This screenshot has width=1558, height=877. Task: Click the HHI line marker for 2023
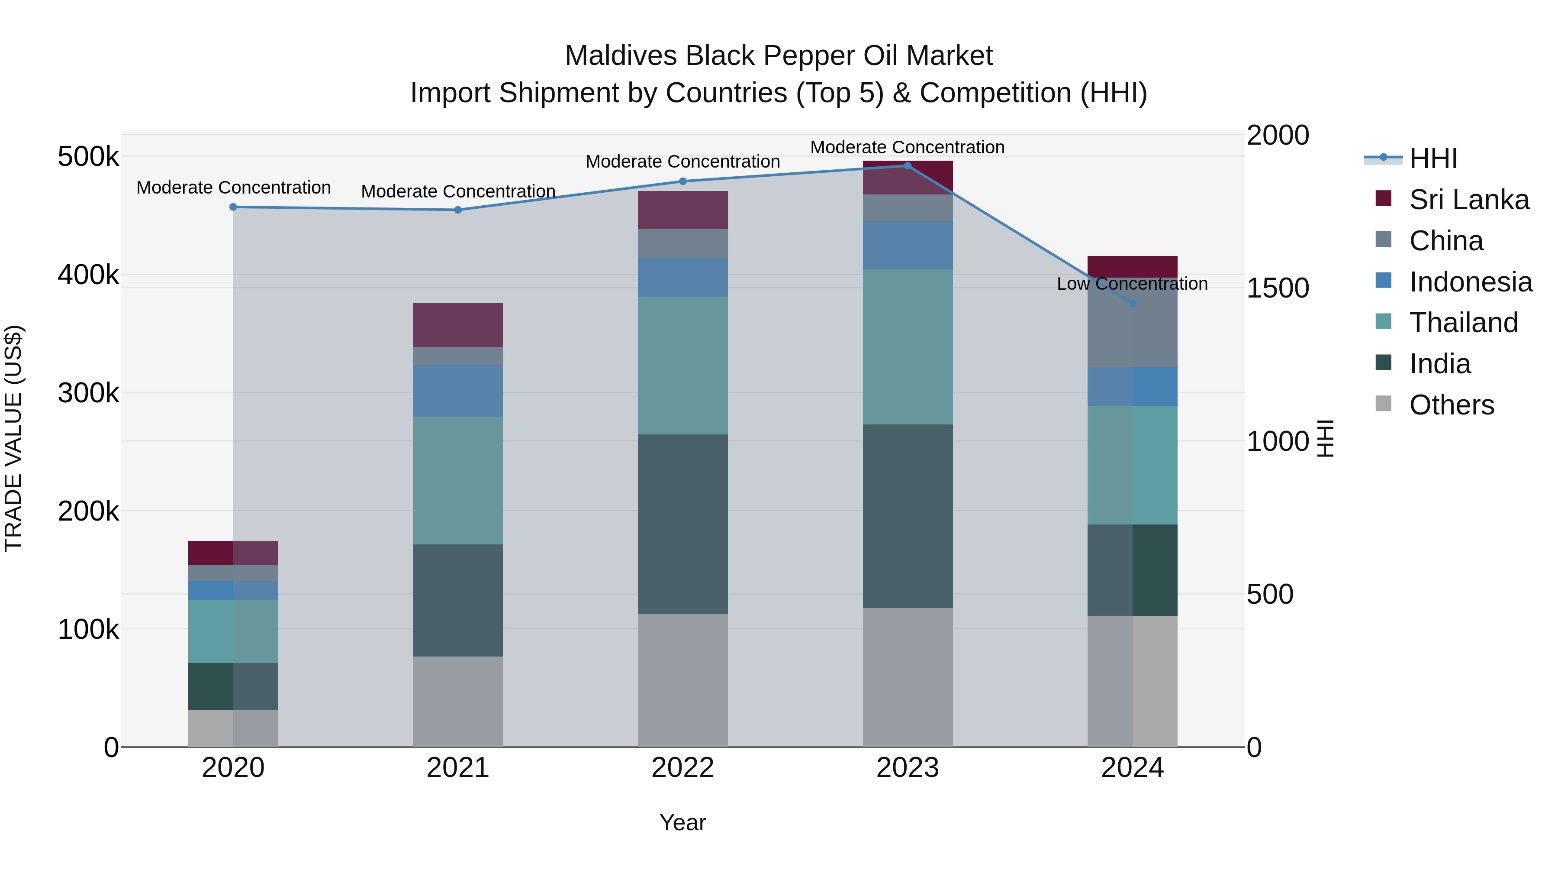(x=907, y=166)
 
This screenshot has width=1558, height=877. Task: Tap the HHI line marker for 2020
(x=233, y=207)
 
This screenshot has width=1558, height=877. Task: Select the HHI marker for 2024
(x=1133, y=303)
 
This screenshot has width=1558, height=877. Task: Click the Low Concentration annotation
(x=1132, y=284)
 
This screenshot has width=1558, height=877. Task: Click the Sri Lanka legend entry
(x=1468, y=200)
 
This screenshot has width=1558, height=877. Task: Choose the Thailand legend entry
(x=1463, y=323)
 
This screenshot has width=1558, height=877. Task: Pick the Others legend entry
(x=1451, y=405)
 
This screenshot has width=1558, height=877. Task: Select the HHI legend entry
(x=1433, y=159)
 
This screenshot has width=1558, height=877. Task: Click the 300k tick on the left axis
(x=88, y=393)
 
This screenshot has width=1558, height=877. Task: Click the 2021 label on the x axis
(x=458, y=768)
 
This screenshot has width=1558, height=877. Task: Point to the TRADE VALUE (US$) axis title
(x=13, y=438)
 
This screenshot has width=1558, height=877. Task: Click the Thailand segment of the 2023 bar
(x=907, y=347)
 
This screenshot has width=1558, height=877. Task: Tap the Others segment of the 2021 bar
(x=458, y=702)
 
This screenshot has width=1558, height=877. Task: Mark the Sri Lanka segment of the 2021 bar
(x=458, y=325)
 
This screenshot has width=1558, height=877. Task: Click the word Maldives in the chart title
(x=620, y=56)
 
